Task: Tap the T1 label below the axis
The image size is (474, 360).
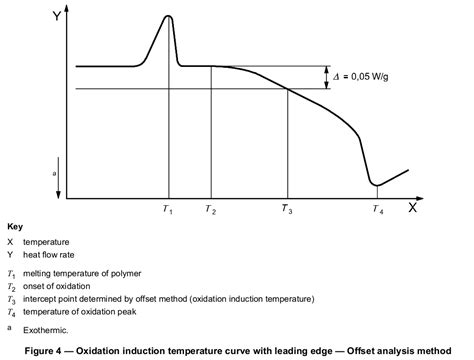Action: point(168,211)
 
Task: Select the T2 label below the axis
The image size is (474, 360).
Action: point(210,211)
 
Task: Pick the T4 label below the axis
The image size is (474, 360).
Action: point(376,211)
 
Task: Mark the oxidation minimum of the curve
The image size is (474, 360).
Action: point(375,185)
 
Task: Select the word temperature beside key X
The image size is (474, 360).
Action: point(46,242)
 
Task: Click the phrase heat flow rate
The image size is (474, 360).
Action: point(51,255)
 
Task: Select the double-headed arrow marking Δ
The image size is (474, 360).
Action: point(324,78)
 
